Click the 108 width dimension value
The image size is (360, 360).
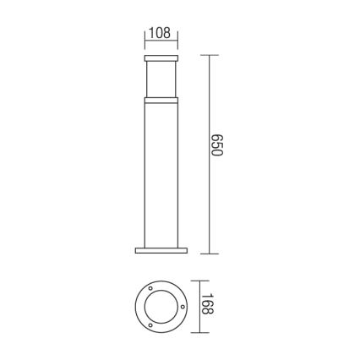coord(160,33)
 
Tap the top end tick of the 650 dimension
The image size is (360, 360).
coord(209,56)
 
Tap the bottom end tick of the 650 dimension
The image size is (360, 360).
coord(209,253)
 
